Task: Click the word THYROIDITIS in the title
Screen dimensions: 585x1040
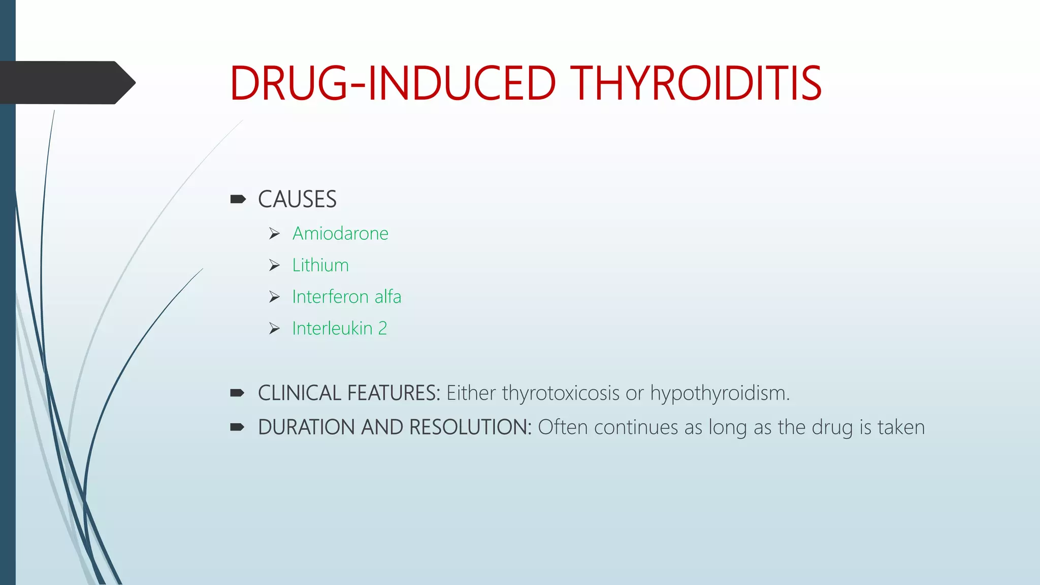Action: (696, 84)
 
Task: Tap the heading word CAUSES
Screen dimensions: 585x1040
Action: (297, 200)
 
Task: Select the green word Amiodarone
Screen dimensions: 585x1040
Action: (340, 234)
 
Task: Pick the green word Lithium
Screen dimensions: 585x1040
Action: (320, 266)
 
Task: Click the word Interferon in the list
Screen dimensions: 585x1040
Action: (330, 297)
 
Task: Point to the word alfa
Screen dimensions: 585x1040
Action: (388, 297)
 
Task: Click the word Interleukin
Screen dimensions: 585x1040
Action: (332, 329)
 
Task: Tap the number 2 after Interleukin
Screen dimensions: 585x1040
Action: (382, 329)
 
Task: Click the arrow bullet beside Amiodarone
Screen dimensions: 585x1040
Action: (274, 234)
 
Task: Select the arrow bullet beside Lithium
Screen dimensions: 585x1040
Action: (274, 266)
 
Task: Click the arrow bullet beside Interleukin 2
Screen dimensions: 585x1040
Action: (274, 329)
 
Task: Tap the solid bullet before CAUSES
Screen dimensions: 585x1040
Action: (238, 199)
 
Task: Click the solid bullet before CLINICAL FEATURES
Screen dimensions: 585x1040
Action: (238, 393)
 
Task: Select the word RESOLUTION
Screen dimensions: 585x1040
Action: (470, 428)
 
